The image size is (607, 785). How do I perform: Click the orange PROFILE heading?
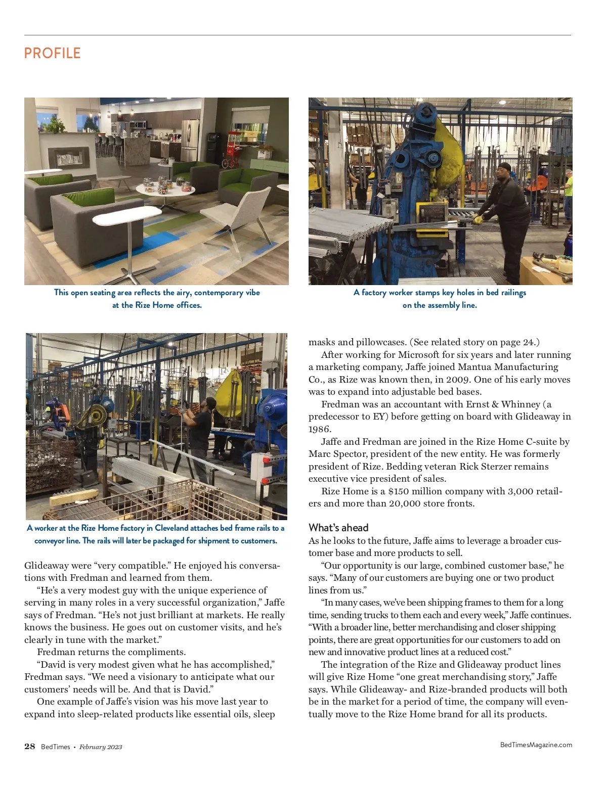coord(52,53)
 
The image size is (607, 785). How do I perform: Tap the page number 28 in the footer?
coord(30,747)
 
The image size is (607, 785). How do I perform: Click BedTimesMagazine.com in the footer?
coord(536,745)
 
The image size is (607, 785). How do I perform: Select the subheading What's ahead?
coord(338,528)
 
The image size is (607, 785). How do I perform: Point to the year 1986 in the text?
coord(320,429)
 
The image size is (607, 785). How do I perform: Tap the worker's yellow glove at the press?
coord(476,219)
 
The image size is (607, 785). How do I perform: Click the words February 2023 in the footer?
coord(101,747)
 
